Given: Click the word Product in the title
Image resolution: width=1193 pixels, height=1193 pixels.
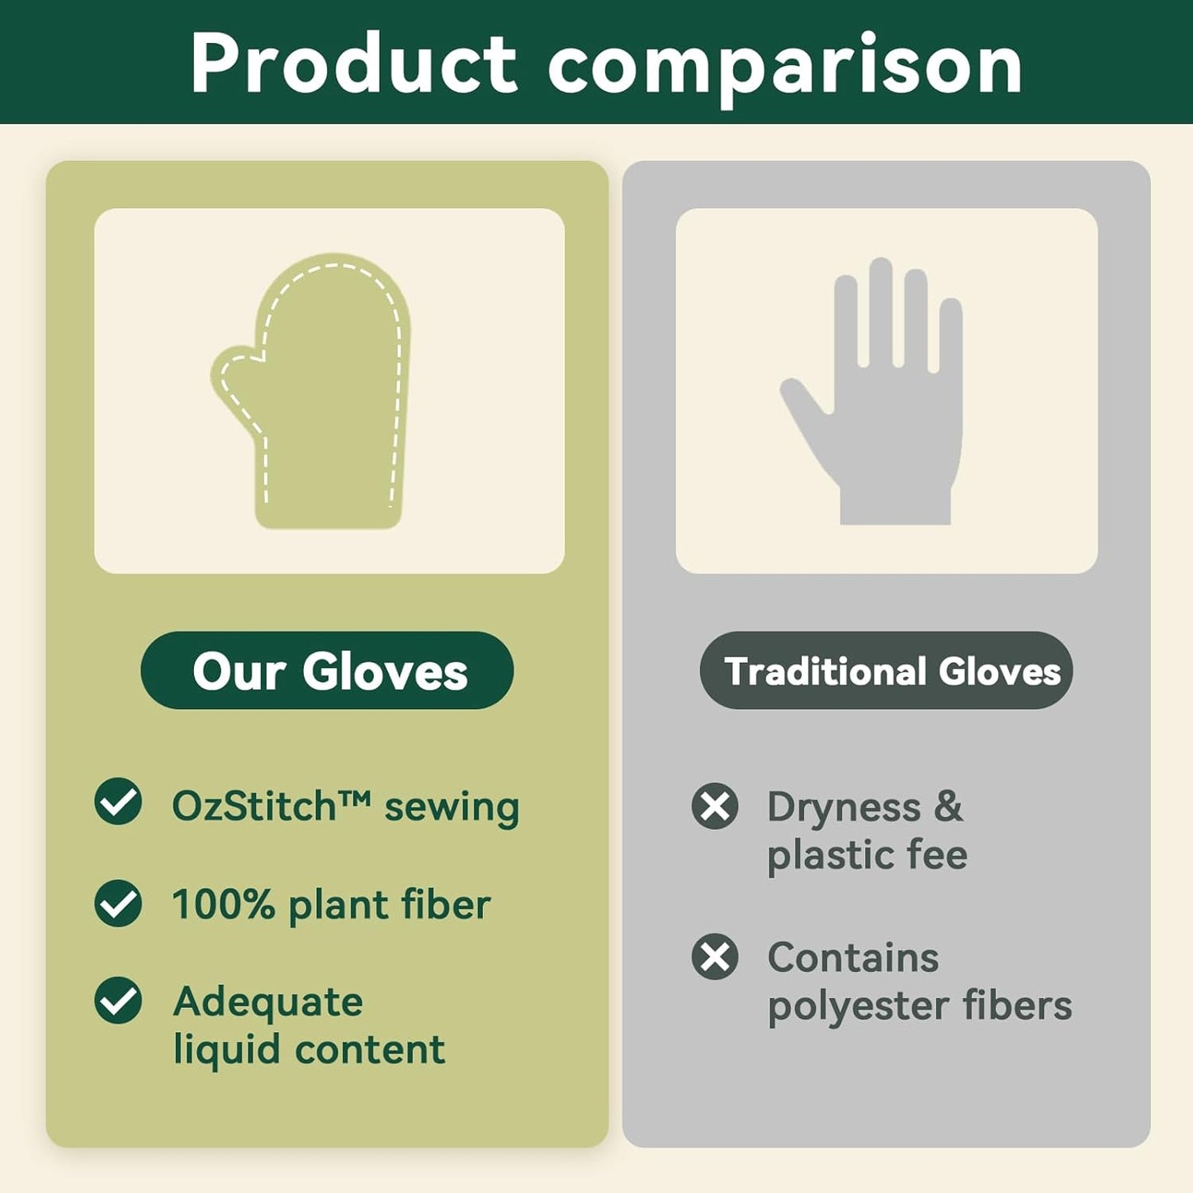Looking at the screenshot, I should point(353,64).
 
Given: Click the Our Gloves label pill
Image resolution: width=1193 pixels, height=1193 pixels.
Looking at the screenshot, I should point(327,670).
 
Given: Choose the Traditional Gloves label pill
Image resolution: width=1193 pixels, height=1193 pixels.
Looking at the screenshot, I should point(886,670).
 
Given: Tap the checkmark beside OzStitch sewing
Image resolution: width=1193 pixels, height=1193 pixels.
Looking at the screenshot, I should point(118,802).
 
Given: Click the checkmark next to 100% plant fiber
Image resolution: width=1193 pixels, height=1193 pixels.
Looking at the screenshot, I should point(118,903).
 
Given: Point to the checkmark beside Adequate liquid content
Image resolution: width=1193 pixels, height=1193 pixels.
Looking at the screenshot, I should point(118,1001).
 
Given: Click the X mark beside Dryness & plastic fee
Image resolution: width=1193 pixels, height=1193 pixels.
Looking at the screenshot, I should point(715,806).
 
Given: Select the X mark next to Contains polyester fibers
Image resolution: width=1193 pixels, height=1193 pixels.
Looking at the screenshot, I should point(715,957).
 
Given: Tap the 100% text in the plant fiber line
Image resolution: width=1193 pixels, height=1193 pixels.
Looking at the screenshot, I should point(223,905).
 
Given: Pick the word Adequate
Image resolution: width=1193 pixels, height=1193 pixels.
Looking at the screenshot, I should point(267,1002).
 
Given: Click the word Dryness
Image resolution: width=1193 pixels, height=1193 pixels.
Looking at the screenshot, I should point(843,807).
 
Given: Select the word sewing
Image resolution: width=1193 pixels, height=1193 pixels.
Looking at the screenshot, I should point(452,808).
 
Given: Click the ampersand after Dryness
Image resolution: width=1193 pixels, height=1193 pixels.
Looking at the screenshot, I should point(949,806).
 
